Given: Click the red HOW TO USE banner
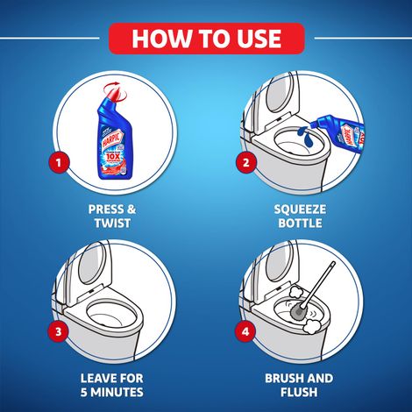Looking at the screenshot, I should pos(206,39).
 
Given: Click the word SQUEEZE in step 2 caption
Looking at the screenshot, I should pos(300,210).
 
